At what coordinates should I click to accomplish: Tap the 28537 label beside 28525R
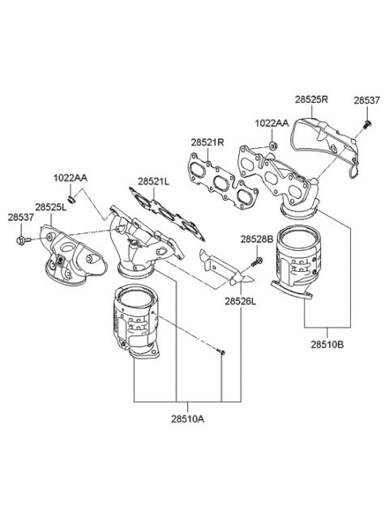(x=365, y=100)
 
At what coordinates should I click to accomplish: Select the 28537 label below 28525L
(x=21, y=217)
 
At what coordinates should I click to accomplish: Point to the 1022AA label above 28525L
(x=71, y=177)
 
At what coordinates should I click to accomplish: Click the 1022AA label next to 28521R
(x=271, y=122)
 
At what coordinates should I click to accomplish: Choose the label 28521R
(x=207, y=142)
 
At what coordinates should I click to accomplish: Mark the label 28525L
(x=51, y=207)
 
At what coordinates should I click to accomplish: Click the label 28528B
(x=256, y=240)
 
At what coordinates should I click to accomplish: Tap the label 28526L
(x=241, y=300)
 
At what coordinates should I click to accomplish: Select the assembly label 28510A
(x=187, y=418)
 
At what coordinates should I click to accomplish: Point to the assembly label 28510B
(x=327, y=342)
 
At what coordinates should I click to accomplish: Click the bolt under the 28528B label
(x=258, y=261)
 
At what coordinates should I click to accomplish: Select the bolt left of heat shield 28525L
(x=21, y=240)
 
